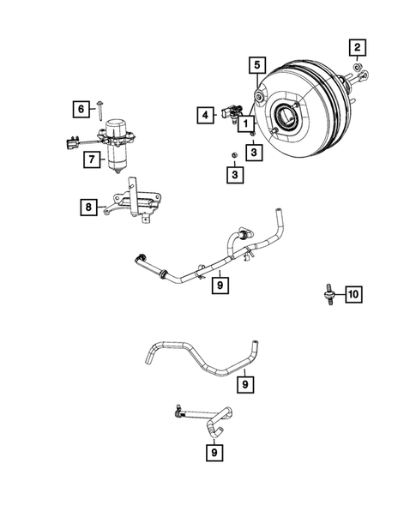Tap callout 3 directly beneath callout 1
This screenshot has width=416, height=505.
click(x=255, y=152)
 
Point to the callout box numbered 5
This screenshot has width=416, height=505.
click(x=256, y=63)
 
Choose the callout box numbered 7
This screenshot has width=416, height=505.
click(x=88, y=159)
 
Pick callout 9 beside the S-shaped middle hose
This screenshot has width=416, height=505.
click(x=246, y=386)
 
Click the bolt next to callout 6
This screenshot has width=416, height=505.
click(x=101, y=107)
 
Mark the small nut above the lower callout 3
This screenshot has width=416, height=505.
click(x=232, y=153)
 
